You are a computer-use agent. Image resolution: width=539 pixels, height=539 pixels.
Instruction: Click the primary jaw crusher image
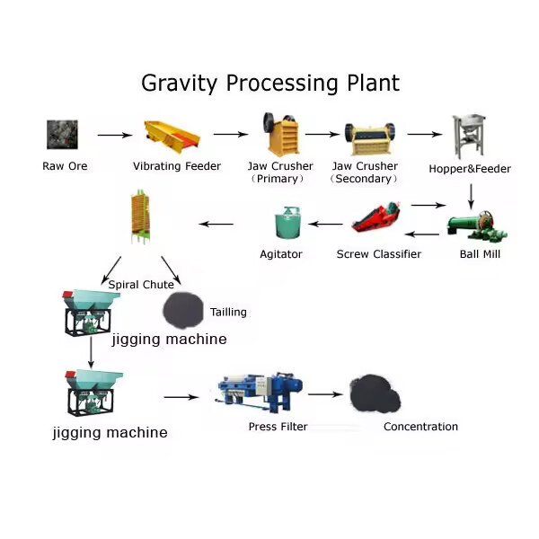pos(280,135)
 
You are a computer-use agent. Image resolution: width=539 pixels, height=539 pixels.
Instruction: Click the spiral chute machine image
pos(141,218)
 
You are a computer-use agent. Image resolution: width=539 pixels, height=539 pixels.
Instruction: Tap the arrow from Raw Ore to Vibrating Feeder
pos(114,135)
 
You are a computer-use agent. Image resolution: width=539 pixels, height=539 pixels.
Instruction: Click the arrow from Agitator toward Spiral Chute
pos(216,224)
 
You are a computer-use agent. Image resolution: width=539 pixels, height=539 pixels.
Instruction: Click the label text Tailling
pos(228,313)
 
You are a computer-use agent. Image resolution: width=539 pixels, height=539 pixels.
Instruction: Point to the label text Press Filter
pos(277,427)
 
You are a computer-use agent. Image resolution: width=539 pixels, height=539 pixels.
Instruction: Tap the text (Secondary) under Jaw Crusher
pos(365,179)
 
